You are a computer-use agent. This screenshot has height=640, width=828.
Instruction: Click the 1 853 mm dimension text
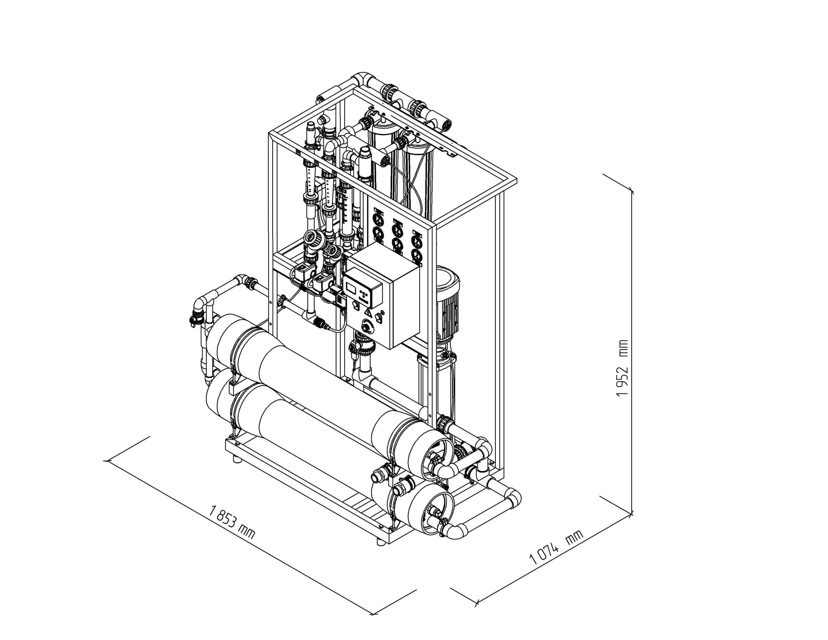tap(232, 522)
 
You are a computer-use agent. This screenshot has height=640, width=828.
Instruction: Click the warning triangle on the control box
tap(367, 312)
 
